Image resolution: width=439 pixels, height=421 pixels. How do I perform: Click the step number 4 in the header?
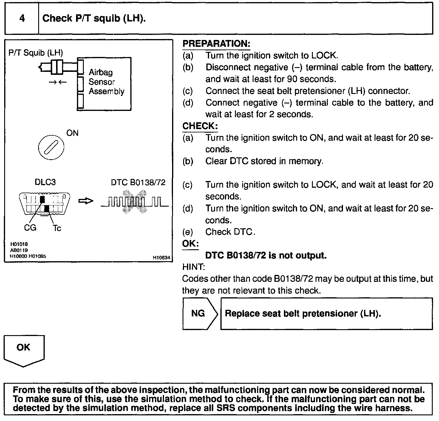pos(22,18)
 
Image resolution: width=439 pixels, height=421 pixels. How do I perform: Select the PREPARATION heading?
pos(216,44)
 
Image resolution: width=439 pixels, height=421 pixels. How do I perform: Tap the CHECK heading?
pos(200,126)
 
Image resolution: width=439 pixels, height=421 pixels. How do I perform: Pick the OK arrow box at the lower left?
pos(24,349)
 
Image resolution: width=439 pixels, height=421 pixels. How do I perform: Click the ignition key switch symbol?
pos(51,148)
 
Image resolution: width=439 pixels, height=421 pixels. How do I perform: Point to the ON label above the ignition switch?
pos(72,133)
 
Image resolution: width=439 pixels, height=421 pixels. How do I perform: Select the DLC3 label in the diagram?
pos(45,182)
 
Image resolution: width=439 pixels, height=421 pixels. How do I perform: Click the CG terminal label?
pos(30,228)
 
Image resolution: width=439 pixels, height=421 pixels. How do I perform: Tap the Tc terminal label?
pos(57,228)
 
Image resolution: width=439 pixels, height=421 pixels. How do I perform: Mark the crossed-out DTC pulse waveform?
pos(135,203)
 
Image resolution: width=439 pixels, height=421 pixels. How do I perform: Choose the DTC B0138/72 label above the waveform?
pos(138,182)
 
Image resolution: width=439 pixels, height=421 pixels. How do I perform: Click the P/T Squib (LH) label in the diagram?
pos(36,53)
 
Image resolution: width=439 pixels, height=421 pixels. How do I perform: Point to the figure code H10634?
pos(161,258)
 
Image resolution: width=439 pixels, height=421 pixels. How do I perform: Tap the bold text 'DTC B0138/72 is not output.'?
pos(266,256)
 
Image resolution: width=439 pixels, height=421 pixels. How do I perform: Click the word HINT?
pos(193,267)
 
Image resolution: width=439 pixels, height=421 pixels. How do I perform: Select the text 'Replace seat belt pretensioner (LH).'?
pos(303,314)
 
